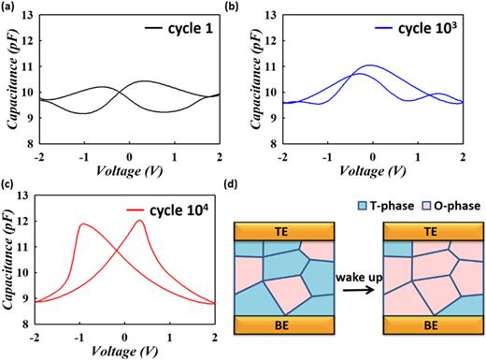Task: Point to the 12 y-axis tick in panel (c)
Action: click(x=25, y=225)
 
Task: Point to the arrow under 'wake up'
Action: click(x=359, y=293)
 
